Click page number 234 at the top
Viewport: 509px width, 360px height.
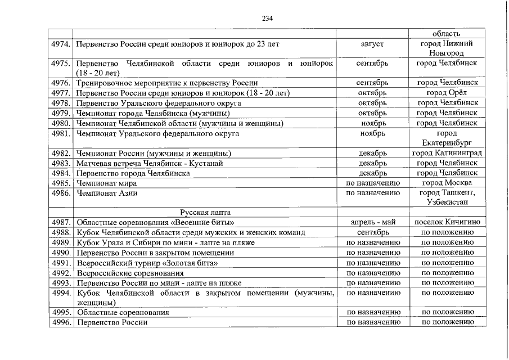(267, 19)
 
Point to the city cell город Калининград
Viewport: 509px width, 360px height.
(447, 153)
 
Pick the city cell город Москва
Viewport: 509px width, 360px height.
(447, 183)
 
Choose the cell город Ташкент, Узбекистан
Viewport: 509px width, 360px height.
(447, 197)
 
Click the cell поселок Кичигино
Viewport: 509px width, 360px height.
(447, 222)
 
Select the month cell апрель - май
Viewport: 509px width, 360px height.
(373, 222)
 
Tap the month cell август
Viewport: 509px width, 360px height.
(373, 43)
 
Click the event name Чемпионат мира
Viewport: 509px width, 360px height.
(103, 183)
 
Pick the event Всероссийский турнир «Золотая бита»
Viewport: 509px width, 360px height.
(147, 262)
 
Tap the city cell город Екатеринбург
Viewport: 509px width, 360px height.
(447, 138)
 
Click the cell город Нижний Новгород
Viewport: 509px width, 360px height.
(447, 48)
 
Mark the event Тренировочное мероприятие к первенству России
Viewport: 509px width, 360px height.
(167, 83)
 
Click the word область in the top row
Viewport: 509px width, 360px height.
(447, 33)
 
